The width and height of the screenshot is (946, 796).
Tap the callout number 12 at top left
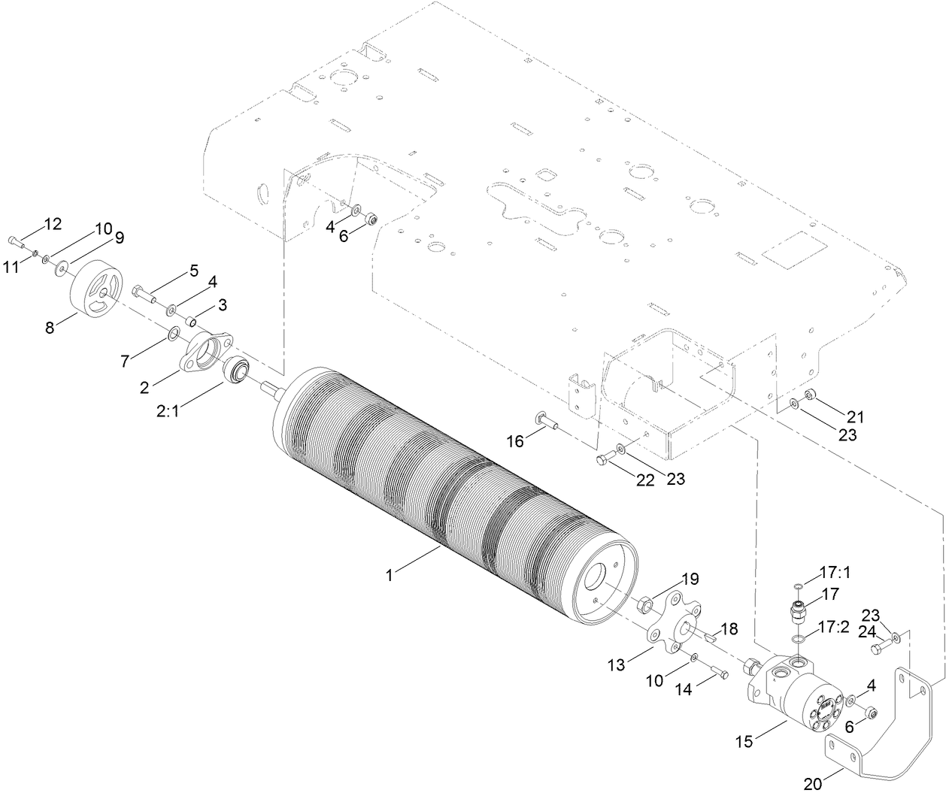53,223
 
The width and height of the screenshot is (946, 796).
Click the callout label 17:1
834,573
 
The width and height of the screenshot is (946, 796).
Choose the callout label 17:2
834,627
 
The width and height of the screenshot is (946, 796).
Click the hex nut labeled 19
645,604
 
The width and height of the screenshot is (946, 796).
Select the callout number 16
515,441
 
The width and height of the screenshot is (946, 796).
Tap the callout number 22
645,481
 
